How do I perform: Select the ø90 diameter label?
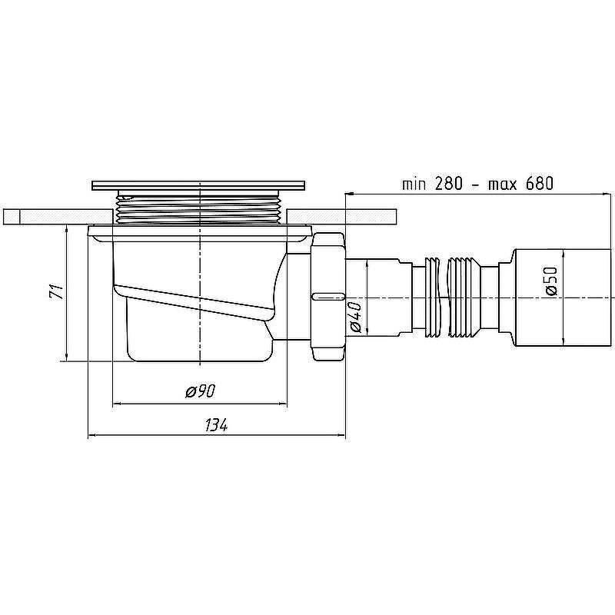(201, 391)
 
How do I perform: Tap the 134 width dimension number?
(216, 425)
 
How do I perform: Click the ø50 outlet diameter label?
(551, 281)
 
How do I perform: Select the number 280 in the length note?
(448, 183)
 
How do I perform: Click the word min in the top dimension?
(414, 184)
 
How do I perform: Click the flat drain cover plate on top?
(198, 185)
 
